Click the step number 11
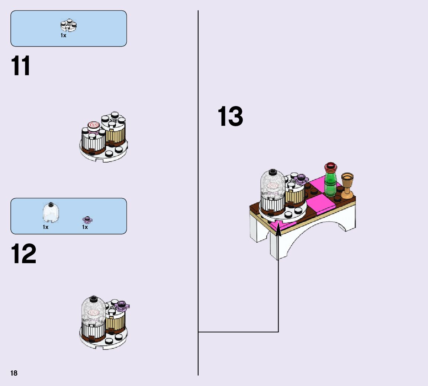(x=21, y=66)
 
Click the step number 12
(x=24, y=254)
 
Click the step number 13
(x=230, y=116)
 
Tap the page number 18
(x=14, y=373)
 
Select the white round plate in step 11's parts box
(x=68, y=25)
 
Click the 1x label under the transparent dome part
(x=45, y=227)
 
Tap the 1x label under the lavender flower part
(x=85, y=227)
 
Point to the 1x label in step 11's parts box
(x=63, y=35)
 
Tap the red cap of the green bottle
(x=330, y=166)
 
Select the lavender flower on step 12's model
(x=122, y=307)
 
